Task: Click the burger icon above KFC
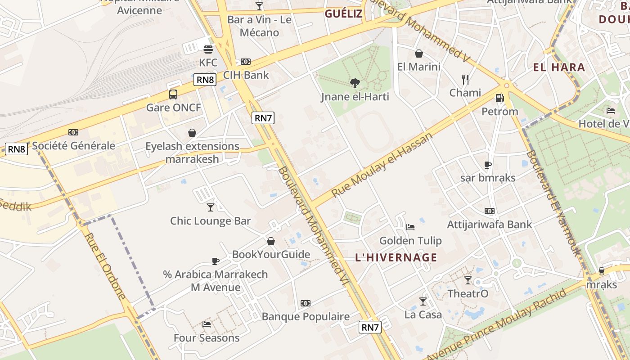point(208,49)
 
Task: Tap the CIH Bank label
point(246,75)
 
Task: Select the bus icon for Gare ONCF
point(173,94)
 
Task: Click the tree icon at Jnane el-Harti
point(355,83)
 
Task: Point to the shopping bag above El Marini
point(419,54)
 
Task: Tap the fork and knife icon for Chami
point(465,80)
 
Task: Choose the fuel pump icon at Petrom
point(499,98)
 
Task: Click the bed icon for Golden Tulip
point(410,227)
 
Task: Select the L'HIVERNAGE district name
point(396,257)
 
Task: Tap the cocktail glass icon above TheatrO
point(468,280)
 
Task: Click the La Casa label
point(423,315)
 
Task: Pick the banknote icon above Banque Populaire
point(306,303)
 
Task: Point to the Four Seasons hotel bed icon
point(207,324)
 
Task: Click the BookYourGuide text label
point(271,255)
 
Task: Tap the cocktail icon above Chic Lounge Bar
point(210,207)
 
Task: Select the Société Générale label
point(74,146)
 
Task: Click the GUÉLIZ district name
point(343,13)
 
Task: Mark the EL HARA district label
point(559,67)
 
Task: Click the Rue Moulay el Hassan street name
point(382,165)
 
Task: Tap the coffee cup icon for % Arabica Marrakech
point(216,261)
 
